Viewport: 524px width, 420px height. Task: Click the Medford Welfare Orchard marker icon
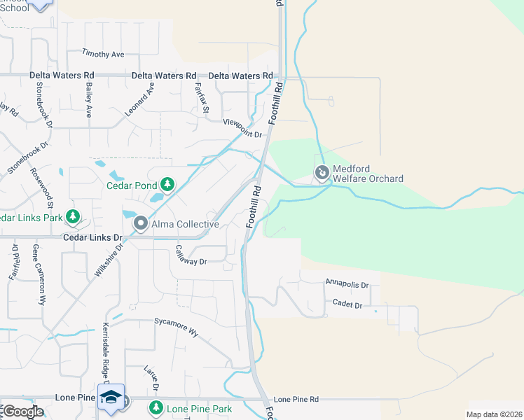[322, 171]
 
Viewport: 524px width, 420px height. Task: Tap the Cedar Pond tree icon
[167, 185]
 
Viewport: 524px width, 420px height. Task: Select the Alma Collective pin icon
[141, 224]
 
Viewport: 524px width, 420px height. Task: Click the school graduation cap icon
[111, 396]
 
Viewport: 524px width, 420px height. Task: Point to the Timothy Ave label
[102, 53]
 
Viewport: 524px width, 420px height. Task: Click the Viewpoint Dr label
[242, 129]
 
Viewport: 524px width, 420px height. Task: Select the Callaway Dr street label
[191, 255]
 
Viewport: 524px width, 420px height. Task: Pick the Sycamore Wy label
[177, 327]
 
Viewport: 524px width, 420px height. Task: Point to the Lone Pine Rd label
[296, 399]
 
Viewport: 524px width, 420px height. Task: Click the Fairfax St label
[201, 97]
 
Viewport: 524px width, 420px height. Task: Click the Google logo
[23, 412]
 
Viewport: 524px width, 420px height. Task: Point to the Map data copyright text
[494, 414]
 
